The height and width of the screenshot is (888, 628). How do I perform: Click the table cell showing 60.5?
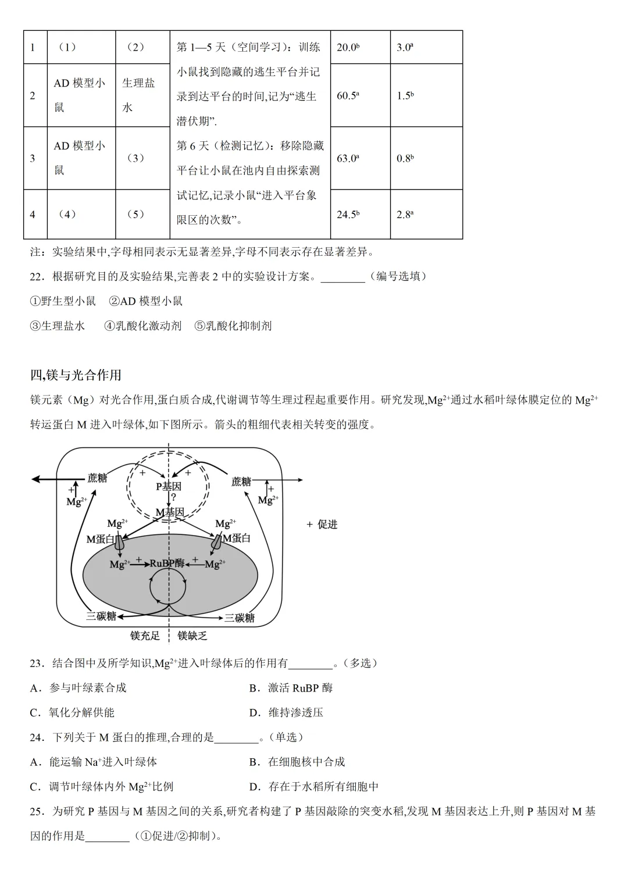pos(348,96)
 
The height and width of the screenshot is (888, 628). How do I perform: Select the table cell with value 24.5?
pos(348,215)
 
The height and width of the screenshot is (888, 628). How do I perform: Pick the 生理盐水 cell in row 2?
pos(138,95)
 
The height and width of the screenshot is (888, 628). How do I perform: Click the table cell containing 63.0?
pos(348,158)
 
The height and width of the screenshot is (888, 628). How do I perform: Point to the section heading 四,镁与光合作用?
pos(76,375)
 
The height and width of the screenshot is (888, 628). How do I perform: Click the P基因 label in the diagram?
pos(169,486)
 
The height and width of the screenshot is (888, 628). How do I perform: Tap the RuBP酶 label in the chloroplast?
pos(167,563)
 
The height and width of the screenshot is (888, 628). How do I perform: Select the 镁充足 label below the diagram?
pos(145,636)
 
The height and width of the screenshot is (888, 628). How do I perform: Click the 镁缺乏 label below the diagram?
pos(192,636)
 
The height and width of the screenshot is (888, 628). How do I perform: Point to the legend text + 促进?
pos(322,525)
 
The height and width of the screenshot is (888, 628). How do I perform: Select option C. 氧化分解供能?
pos(72,712)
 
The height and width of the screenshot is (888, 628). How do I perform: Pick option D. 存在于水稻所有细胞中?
pos(314,787)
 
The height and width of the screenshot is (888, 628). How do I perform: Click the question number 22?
pos(37,277)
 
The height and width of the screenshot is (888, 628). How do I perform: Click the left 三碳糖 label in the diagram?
pos(101,616)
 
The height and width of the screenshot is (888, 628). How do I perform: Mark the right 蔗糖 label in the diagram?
pos(241,482)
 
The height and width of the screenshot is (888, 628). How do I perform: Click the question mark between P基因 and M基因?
pos(173,498)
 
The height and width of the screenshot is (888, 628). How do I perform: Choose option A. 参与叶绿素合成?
pos(78,688)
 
